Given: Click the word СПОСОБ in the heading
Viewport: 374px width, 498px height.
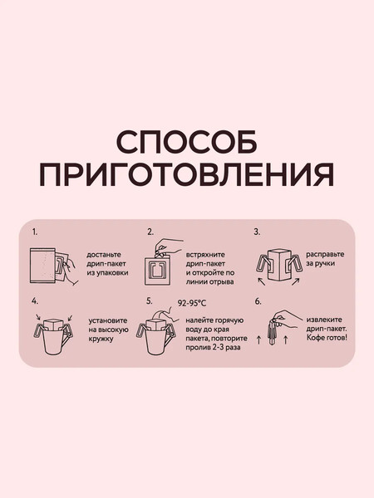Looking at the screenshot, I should pyautogui.click(x=186, y=143).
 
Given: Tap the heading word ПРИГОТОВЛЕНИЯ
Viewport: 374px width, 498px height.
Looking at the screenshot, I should pyautogui.click(x=186, y=175).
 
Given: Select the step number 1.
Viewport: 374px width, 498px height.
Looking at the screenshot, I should pyautogui.click(x=34, y=232).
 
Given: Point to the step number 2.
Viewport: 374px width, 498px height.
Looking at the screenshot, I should pyautogui.click(x=150, y=232).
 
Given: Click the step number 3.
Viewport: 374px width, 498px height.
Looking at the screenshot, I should pyautogui.click(x=258, y=232).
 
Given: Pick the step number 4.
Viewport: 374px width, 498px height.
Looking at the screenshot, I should pyautogui.click(x=34, y=301).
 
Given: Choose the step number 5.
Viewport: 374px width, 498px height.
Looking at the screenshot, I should pyautogui.click(x=150, y=301).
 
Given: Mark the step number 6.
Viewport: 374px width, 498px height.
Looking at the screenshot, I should pyautogui.click(x=258, y=301).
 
